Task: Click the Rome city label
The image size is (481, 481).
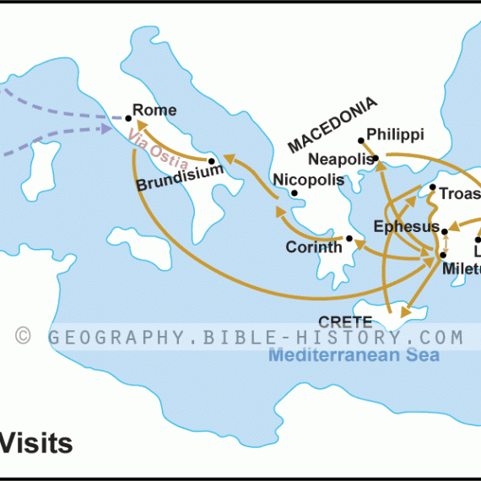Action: click(155, 111)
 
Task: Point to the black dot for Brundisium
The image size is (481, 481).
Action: click(212, 159)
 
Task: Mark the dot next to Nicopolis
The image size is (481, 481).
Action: click(294, 193)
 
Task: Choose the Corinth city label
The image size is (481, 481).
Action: click(313, 247)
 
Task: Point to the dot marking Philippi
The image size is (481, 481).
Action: click(361, 140)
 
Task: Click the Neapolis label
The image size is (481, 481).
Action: click(341, 159)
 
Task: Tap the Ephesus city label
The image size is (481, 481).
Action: click(406, 226)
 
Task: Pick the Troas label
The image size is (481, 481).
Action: click(459, 193)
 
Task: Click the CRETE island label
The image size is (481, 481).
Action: click(345, 322)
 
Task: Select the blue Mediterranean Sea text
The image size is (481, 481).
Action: click(354, 355)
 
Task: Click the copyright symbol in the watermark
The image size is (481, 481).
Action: click(24, 337)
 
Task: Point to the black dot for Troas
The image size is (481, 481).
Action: click(432, 187)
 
